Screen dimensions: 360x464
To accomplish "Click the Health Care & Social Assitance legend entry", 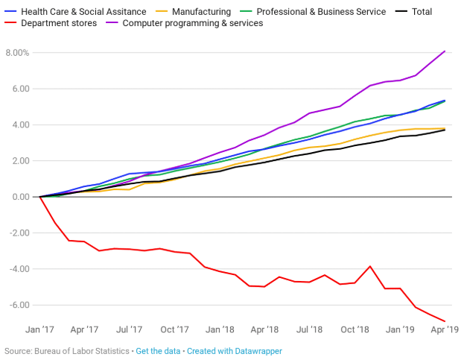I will click(77, 12).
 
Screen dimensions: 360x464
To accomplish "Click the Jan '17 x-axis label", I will click(39, 329).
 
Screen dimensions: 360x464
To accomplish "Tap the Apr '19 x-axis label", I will click(445, 329).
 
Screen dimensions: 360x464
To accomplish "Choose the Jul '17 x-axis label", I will click(130, 329).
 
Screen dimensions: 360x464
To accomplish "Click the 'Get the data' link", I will click(158, 350).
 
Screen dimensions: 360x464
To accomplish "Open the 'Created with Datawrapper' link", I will click(235, 350).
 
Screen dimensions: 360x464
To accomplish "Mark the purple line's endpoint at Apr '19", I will click(445, 51).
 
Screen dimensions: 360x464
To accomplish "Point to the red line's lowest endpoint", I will click(445, 321).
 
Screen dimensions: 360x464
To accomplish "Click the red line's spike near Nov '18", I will click(370, 266).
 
